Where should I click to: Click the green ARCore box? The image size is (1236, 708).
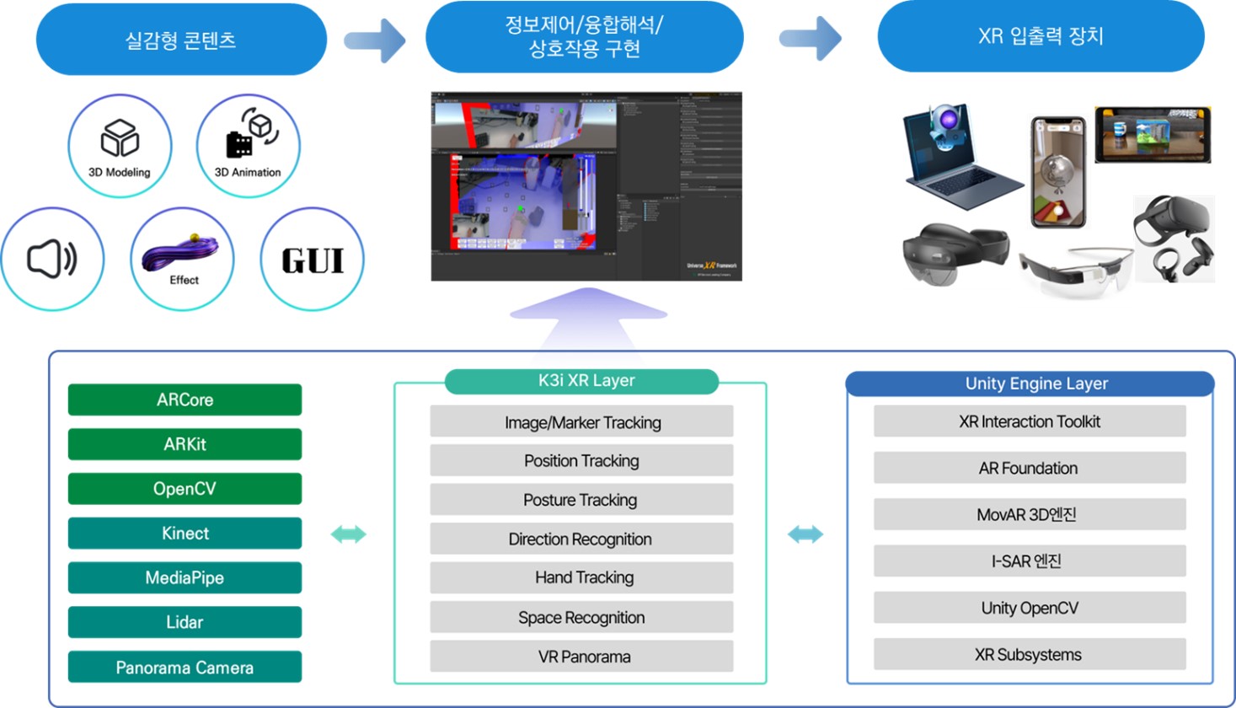pyautogui.click(x=185, y=400)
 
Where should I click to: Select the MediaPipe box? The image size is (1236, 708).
pyautogui.click(x=185, y=577)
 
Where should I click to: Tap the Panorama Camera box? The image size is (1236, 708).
pyautogui.click(x=185, y=667)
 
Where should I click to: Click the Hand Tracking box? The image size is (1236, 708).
pyautogui.click(x=581, y=577)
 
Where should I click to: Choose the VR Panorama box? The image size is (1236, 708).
pyautogui.click(x=581, y=656)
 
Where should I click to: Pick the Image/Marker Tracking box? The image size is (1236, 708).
pyautogui.click(x=581, y=421)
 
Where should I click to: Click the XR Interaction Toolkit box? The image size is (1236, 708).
pyautogui.click(x=1029, y=421)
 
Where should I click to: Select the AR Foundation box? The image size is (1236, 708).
pyautogui.click(x=1029, y=468)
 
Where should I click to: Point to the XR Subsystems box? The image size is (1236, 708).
pyautogui.click(x=1029, y=654)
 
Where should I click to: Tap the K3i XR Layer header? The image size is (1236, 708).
pyautogui.click(x=581, y=381)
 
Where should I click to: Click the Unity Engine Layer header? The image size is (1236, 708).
pyautogui.click(x=1030, y=383)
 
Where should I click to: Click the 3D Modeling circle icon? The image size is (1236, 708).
pyautogui.click(x=120, y=146)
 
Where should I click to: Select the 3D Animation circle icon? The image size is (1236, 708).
pyautogui.click(x=249, y=146)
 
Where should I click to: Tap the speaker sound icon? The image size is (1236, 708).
pyautogui.click(x=52, y=259)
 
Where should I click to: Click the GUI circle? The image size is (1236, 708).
pyautogui.click(x=313, y=260)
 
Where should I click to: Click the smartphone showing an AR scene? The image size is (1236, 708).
pyautogui.click(x=1058, y=173)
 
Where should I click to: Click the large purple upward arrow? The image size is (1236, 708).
pyautogui.click(x=587, y=316)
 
